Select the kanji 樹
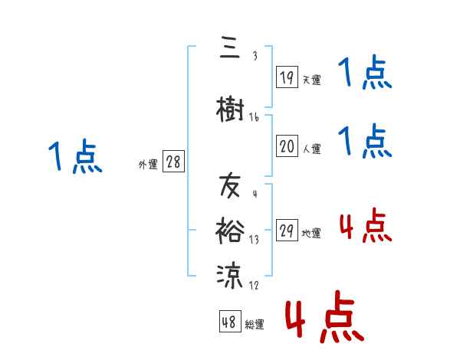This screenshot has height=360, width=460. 229,110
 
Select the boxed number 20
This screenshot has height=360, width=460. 287,146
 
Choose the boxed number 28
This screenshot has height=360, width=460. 174,162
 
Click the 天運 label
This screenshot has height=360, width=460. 311,80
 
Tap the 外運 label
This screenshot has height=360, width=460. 148,164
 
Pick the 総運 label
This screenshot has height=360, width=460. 255,324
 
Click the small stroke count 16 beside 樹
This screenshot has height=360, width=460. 254,118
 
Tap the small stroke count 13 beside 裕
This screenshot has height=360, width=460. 254,239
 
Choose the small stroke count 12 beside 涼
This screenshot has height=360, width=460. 254,285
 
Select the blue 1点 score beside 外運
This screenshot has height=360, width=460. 74,156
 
